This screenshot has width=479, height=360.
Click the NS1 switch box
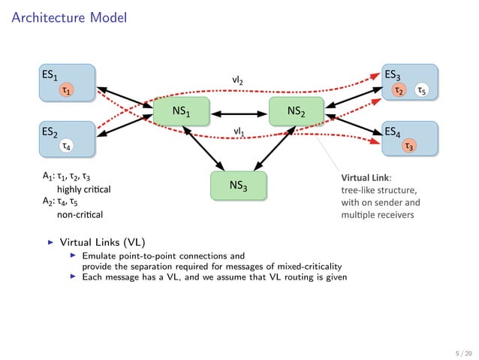click(x=180, y=112)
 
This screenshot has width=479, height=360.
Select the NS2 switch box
click(x=297, y=112)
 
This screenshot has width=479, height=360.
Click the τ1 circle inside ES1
click(x=68, y=91)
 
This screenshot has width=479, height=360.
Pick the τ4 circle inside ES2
click(x=68, y=146)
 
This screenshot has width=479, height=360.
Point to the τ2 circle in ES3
click(x=400, y=91)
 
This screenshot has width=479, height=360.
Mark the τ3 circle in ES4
click(x=409, y=146)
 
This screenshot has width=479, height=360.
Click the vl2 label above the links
click(x=238, y=79)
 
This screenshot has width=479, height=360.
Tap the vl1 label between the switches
click(x=238, y=132)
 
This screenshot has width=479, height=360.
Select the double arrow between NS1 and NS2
click(x=239, y=114)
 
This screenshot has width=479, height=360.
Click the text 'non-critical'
click(x=80, y=214)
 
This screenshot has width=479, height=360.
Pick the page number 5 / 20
click(x=463, y=351)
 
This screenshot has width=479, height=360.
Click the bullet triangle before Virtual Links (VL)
click(x=51, y=243)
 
